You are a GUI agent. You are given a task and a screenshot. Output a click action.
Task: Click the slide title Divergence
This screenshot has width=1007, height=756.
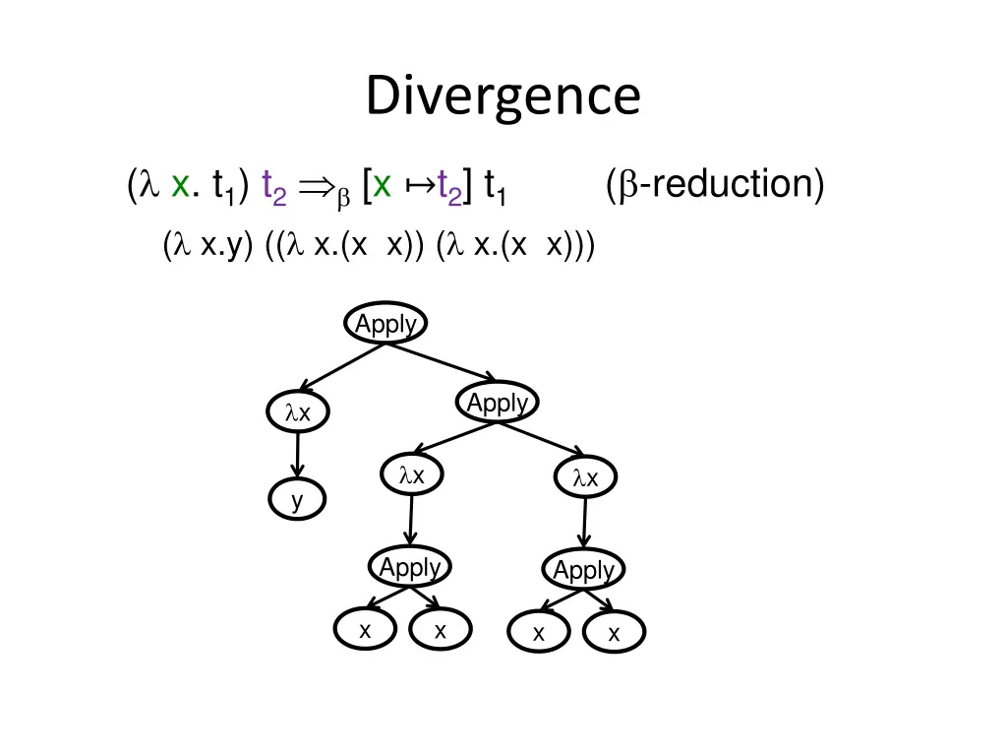coord(503,96)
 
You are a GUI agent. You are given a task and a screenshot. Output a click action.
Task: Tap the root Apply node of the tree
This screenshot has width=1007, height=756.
coord(385,324)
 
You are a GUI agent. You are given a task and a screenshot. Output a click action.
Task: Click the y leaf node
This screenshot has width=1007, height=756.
coord(297,501)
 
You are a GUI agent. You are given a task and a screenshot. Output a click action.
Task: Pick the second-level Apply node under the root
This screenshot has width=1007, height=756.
coord(498,403)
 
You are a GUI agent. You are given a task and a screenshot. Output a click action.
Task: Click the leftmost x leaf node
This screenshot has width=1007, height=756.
coord(365,630)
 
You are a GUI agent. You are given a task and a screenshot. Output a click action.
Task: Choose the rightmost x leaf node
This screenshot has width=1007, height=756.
coord(614,633)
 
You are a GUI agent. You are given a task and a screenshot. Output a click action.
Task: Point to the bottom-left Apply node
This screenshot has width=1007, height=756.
coord(410,567)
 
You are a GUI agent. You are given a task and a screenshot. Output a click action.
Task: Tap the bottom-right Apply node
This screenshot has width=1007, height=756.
coord(583,570)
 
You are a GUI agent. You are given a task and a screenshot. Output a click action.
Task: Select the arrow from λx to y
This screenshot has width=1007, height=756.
coord(298,457)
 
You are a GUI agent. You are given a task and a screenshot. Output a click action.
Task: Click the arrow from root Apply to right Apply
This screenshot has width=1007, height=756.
coord(443,363)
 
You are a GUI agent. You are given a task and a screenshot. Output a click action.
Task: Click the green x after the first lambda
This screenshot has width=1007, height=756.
coord(180,184)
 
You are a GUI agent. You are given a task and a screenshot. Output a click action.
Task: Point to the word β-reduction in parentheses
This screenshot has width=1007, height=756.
coord(715,184)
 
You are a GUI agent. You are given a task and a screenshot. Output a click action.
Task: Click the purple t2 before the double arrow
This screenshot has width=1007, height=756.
coord(273,186)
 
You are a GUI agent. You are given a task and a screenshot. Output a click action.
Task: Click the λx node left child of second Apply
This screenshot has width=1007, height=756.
coord(411,475)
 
